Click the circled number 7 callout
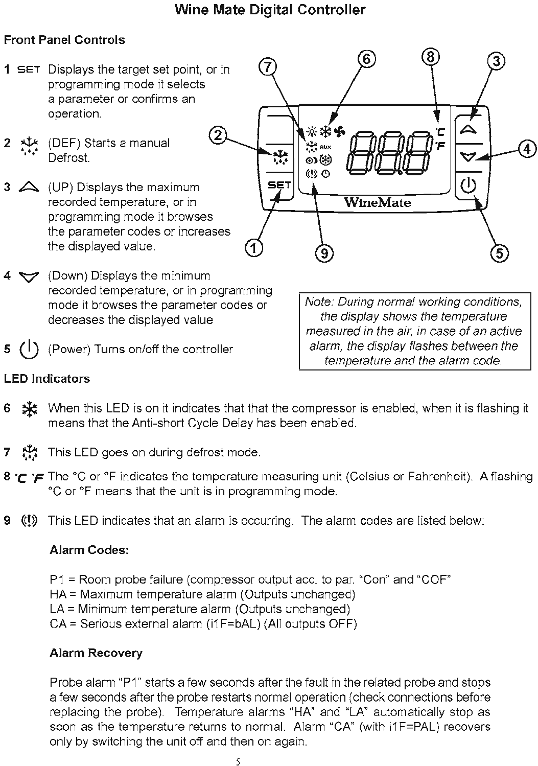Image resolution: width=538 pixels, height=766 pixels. click(268, 67)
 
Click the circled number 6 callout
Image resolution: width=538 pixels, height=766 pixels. click(366, 59)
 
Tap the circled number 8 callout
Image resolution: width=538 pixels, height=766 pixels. click(431, 56)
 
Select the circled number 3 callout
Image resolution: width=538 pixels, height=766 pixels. click(496, 61)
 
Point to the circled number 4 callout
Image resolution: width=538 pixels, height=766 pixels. click(527, 149)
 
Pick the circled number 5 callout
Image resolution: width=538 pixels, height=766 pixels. click(499, 253)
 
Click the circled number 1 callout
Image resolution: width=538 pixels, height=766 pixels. click(254, 248)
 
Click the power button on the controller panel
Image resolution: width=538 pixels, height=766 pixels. click(469, 184)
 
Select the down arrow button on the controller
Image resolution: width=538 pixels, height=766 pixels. click(469, 157)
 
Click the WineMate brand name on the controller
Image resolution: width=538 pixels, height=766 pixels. click(377, 202)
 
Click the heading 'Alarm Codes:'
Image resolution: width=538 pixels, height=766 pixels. click(89, 550)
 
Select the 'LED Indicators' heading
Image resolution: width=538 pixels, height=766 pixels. click(47, 379)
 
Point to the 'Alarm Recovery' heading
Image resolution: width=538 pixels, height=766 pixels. click(96, 653)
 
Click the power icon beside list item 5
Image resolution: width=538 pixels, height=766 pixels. click(29, 350)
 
